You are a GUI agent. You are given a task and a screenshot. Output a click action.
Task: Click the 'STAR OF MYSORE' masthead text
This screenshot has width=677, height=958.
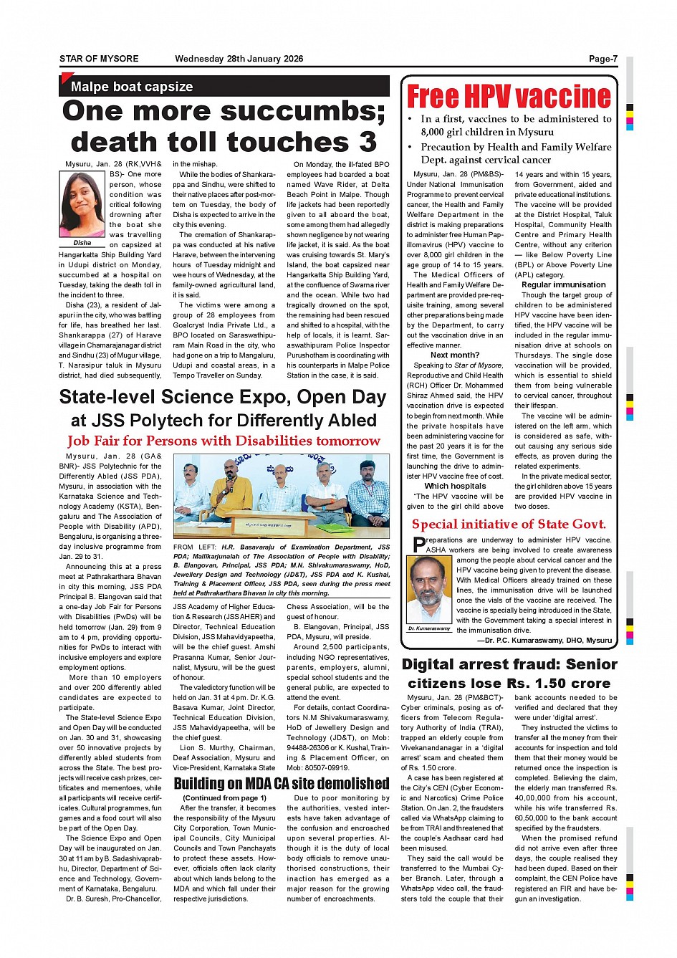99,59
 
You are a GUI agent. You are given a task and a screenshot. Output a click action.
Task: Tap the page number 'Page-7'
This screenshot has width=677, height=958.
602,59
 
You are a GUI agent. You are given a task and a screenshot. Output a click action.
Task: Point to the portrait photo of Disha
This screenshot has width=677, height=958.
82,205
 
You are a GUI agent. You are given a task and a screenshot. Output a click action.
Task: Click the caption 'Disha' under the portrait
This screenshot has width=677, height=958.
82,243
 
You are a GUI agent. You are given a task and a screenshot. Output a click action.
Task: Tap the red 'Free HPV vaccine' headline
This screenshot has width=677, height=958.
509,97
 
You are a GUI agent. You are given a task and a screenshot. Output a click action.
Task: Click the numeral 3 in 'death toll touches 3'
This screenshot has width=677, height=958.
368,143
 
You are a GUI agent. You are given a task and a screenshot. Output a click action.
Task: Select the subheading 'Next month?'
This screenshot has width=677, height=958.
455,355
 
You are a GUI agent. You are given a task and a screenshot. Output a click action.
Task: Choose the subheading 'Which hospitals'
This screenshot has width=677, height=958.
455,486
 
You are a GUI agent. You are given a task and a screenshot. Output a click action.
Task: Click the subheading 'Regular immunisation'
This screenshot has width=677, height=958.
563,284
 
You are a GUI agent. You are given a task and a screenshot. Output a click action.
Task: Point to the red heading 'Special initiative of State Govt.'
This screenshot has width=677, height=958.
509,524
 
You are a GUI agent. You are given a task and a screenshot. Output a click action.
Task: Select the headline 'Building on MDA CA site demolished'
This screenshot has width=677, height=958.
282,783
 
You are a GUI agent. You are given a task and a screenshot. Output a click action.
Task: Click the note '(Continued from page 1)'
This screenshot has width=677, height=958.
224,797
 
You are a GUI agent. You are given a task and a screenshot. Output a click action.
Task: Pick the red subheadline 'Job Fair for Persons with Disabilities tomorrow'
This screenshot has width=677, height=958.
224,441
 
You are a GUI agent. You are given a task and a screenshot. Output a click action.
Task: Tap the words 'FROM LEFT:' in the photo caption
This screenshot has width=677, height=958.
193,547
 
